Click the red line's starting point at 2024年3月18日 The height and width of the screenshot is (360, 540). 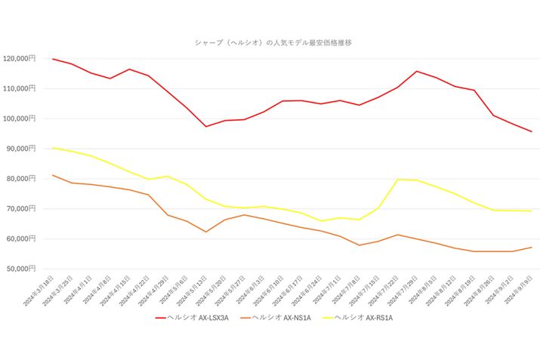pos(52,59)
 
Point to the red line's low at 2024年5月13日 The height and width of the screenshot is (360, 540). pos(206,126)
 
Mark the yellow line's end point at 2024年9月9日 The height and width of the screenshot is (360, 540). pos(532,211)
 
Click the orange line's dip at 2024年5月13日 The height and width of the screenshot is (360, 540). pos(206,232)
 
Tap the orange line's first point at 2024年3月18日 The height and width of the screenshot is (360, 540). pos(52,175)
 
